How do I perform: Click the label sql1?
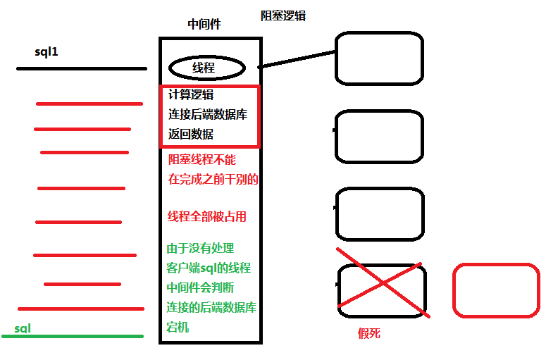coord(46,52)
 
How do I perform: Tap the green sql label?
coord(23,328)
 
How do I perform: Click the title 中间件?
coord(204,24)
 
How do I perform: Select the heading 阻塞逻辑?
coord(283,15)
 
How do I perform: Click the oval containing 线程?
coord(207,68)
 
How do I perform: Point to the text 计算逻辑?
coord(191,94)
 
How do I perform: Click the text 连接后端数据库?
coord(208,114)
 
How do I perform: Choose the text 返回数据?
coord(191,134)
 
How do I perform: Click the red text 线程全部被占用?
coord(207,216)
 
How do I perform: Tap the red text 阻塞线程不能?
coord(202,159)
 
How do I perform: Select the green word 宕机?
coord(178,328)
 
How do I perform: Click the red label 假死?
coord(369,333)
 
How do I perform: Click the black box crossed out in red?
coord(381,285)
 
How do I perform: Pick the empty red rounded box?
coord(496,289)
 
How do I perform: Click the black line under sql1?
coord(81,69)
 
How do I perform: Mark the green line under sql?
coord(73,337)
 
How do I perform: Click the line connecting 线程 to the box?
coord(296,59)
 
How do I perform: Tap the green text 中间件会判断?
coord(201,287)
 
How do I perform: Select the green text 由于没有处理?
coord(200,248)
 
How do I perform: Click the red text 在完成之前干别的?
coord(213,179)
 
